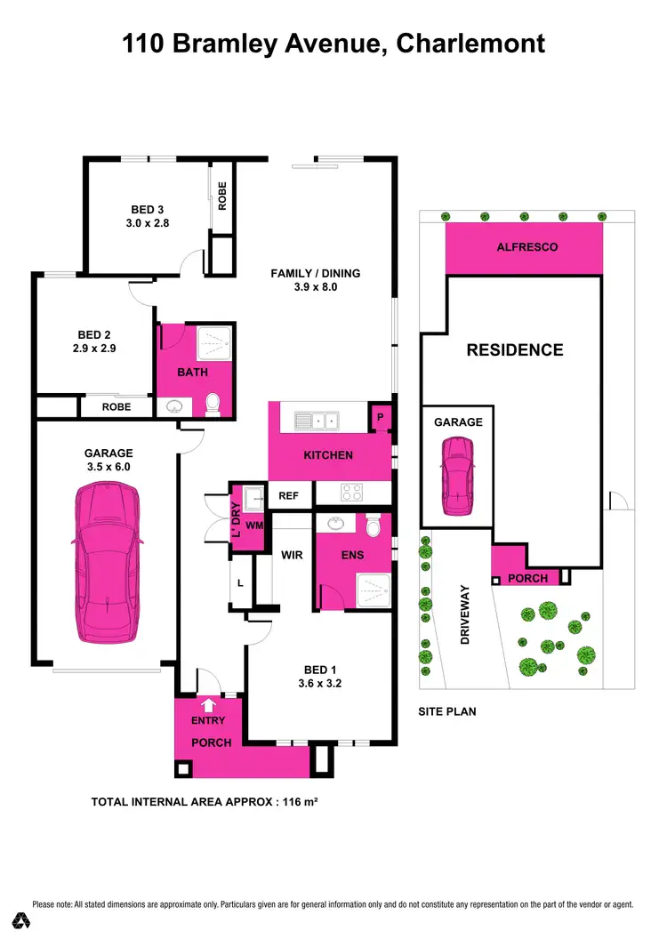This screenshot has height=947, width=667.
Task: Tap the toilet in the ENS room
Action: click(x=373, y=525)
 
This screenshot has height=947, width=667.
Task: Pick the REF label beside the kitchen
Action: click(x=289, y=496)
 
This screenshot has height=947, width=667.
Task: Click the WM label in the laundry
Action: click(x=254, y=526)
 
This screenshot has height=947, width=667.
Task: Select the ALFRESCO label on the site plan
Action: click(x=527, y=247)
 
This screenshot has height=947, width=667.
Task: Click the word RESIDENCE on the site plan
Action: click(x=515, y=349)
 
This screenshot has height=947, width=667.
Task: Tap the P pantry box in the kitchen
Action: click(x=380, y=416)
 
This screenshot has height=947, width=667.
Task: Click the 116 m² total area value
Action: click(x=301, y=801)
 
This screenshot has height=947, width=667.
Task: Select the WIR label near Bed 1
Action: click(x=292, y=556)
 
